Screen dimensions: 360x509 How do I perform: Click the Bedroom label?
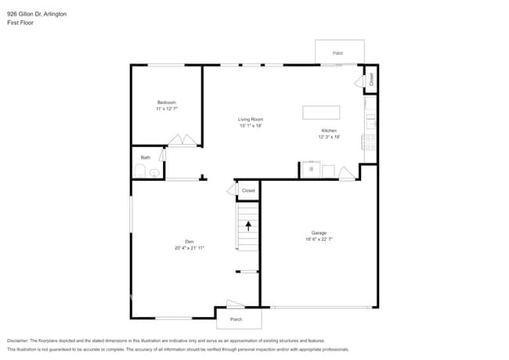tap(166, 103)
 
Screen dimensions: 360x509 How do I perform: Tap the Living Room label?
tap(251, 119)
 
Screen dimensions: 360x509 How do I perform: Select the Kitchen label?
tap(330, 130)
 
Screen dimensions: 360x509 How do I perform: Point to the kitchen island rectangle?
tap(321, 112)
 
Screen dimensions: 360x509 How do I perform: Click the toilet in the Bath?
tap(140, 171)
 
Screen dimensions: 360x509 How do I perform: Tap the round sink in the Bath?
tap(155, 172)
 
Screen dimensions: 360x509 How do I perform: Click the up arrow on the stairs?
tap(249, 226)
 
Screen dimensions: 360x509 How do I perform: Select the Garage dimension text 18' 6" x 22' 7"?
tap(319, 239)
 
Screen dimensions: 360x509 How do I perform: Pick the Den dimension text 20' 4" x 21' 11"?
tap(190, 247)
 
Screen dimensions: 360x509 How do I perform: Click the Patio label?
tap(338, 53)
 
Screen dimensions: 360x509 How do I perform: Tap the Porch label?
tap(236, 319)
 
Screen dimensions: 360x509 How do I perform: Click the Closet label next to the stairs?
tap(248, 190)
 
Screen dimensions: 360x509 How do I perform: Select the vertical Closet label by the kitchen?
tap(371, 79)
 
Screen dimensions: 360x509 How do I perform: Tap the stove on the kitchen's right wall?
tap(369, 142)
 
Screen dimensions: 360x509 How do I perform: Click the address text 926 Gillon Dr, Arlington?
tap(37, 13)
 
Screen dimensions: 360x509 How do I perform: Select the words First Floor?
tap(20, 23)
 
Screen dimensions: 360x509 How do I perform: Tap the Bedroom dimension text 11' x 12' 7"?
tap(166, 109)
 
